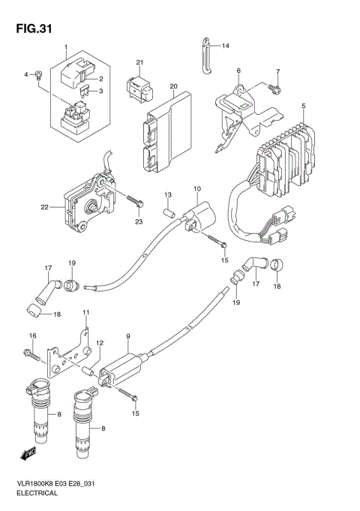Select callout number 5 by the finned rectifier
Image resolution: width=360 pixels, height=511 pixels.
[x=303, y=106]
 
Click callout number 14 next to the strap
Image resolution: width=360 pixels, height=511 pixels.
[x=224, y=46]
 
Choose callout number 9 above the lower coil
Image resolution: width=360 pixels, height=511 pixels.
[x=128, y=336]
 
